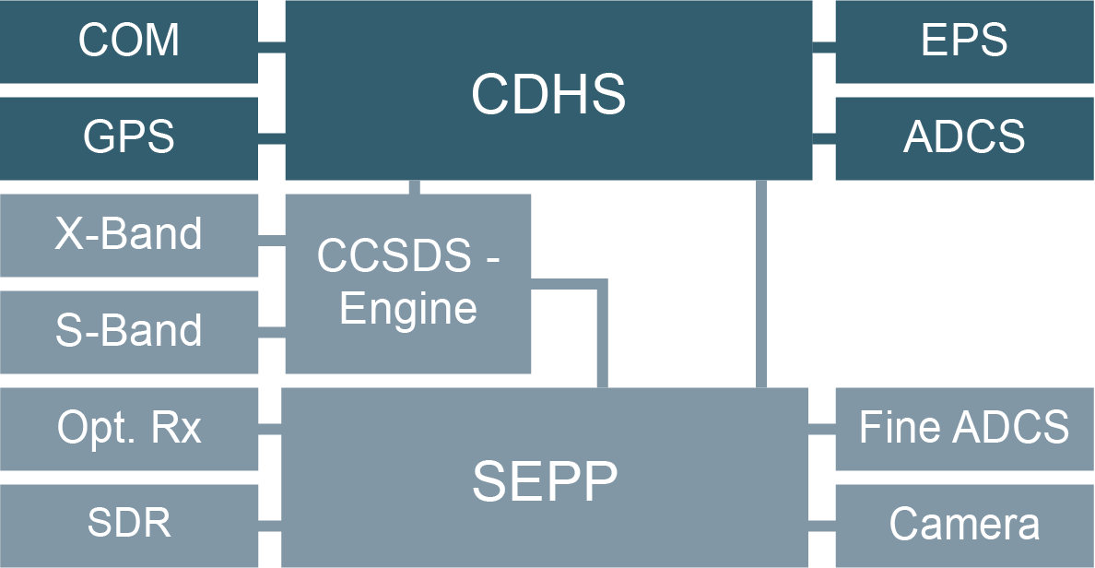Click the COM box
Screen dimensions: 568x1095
[x=129, y=41]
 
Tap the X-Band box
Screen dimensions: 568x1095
[x=129, y=234]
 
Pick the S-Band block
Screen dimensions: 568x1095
[x=129, y=331]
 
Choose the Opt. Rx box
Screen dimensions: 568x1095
[x=129, y=428]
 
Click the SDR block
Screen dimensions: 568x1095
[x=129, y=524]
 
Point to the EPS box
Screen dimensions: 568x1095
[x=964, y=41]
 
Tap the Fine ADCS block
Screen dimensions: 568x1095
[x=964, y=428]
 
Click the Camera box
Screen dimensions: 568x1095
[x=964, y=524]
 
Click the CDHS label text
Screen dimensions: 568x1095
[x=548, y=93]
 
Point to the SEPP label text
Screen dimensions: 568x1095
[x=545, y=480]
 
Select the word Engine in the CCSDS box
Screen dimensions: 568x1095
[x=408, y=309]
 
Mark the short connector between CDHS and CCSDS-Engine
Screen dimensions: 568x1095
[x=414, y=187]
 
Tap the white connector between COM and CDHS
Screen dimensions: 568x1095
[x=271, y=47]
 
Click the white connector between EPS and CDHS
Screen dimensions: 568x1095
[x=823, y=48]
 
